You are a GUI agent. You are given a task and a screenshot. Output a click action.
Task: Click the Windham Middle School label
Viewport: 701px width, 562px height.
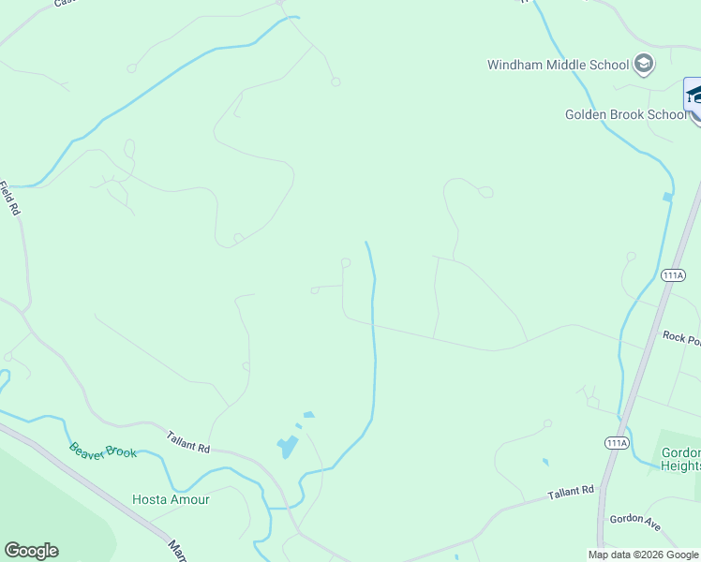click(x=558, y=65)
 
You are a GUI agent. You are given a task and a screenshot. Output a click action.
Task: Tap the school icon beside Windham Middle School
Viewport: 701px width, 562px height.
click(x=643, y=64)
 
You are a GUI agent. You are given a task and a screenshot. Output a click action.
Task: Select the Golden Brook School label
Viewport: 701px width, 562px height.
click(x=625, y=114)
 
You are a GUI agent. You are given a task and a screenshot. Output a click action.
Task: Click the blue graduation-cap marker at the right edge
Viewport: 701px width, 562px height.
click(x=694, y=96)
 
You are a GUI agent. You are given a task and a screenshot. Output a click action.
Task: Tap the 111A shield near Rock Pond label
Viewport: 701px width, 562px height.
click(x=672, y=275)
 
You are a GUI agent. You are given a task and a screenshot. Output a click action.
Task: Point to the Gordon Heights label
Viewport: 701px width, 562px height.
click(x=680, y=459)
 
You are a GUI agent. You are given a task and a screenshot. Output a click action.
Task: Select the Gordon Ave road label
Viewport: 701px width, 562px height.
click(x=635, y=524)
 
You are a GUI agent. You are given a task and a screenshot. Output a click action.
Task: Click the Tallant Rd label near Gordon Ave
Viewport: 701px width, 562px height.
click(x=571, y=492)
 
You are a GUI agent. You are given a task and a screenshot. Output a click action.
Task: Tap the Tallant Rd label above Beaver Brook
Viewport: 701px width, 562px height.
click(x=188, y=441)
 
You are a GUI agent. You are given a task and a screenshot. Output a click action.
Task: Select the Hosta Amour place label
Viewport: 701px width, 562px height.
click(x=171, y=499)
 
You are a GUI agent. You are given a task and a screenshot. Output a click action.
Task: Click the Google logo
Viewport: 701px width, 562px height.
click(x=31, y=551)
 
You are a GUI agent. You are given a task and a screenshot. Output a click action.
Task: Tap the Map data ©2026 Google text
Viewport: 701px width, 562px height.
click(x=643, y=555)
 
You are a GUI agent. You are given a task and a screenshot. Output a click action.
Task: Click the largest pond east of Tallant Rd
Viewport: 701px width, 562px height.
click(x=287, y=448)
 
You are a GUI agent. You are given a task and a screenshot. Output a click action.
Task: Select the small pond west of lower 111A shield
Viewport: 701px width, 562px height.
click(x=544, y=462)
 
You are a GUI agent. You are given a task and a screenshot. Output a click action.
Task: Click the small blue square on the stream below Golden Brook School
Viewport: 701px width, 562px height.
click(x=666, y=198)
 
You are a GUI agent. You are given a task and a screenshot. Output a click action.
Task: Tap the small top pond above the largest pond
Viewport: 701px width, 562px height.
click(x=308, y=414)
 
